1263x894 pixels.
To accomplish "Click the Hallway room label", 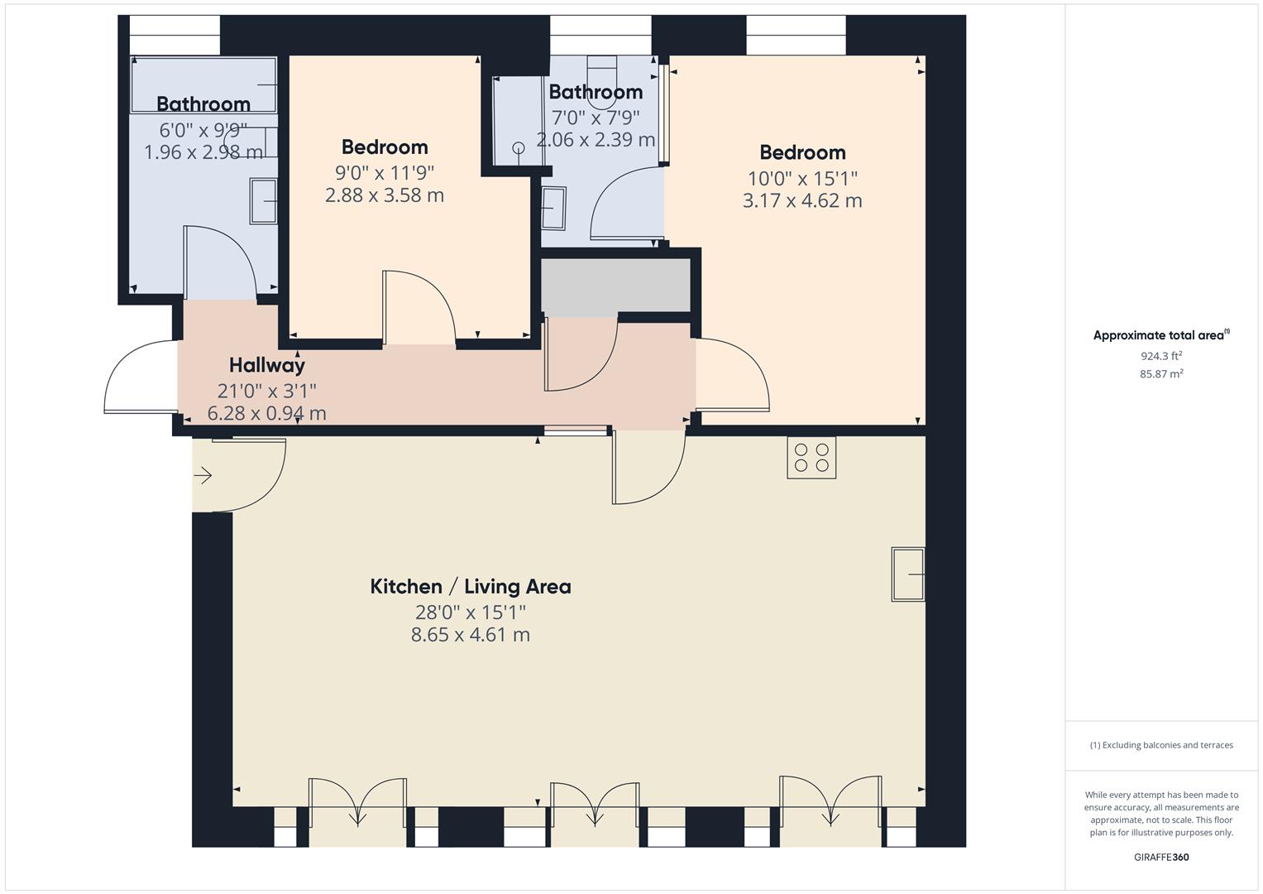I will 266,365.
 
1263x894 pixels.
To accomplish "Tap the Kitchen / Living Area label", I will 470,587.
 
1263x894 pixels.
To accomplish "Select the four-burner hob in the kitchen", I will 811,458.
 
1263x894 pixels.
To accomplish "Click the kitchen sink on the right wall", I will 907,574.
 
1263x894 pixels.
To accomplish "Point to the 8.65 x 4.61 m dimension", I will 470,635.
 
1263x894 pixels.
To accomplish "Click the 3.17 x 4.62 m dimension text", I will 801,200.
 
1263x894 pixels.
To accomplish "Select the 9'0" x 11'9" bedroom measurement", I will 385,172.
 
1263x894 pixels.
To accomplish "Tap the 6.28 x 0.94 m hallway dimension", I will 266,412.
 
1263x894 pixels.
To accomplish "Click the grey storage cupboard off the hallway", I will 615,286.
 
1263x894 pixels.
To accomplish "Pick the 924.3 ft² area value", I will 1160,356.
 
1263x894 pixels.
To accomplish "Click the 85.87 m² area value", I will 1160,374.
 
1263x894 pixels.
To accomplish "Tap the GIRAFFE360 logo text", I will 1160,857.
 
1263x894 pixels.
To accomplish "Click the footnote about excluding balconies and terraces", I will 1160,745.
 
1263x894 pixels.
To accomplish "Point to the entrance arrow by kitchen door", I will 203,475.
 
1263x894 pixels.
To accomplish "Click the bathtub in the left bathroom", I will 203,84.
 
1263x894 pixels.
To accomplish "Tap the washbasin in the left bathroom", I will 264,201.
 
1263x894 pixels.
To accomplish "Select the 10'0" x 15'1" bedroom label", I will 801,178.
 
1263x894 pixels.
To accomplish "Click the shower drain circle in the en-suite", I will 519,148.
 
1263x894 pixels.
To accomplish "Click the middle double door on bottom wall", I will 594,803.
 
